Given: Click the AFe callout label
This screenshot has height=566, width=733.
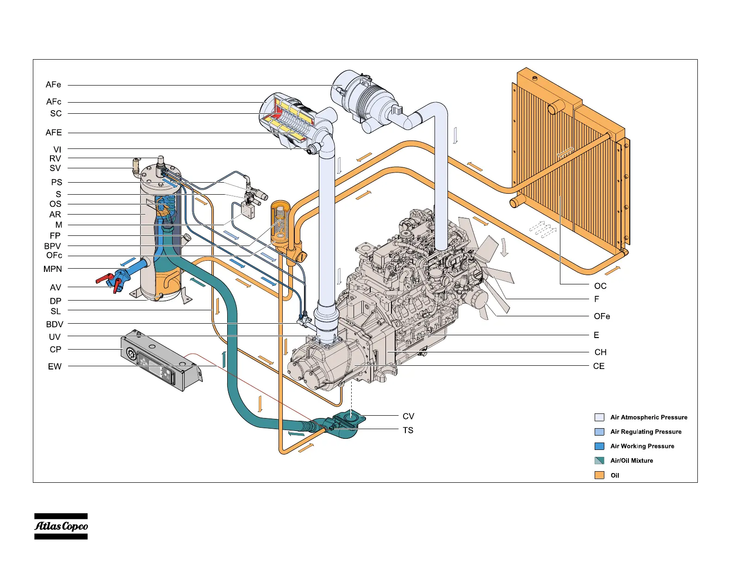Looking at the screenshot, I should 53,85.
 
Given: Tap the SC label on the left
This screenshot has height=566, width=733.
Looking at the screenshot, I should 56,113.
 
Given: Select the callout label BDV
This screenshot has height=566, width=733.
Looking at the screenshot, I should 55,324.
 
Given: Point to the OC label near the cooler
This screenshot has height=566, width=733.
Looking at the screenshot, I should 600,286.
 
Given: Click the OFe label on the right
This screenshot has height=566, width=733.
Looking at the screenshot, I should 602,316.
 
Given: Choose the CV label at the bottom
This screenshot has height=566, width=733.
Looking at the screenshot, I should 408,416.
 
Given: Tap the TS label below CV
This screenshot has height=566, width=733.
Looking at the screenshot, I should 408,430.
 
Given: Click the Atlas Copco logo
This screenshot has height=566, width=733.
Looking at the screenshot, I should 61,526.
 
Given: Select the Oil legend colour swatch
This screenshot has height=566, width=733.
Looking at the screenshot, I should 599,475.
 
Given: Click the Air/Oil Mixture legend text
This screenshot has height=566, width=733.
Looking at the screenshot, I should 632,461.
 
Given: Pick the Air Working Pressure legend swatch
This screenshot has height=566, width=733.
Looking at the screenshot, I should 599,446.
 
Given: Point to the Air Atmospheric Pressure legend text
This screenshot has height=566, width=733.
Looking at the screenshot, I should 649,417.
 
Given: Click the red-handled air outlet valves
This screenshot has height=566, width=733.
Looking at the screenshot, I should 111,281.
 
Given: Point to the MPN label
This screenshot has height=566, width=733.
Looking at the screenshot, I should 53,269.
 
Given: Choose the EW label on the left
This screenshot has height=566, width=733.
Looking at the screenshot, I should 55,366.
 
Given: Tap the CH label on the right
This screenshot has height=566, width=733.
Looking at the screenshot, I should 600,352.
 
